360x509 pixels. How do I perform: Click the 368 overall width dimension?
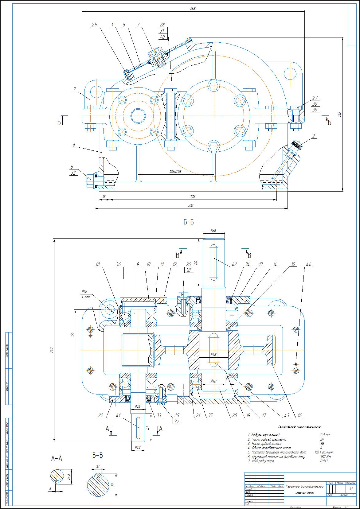point(193,9)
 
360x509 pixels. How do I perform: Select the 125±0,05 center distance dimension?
point(175,172)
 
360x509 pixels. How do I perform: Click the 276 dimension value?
point(193,196)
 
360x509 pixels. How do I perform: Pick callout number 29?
point(94,25)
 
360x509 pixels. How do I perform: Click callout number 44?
point(308,264)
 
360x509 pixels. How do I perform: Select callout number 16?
point(299,416)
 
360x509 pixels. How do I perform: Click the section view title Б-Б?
point(189,222)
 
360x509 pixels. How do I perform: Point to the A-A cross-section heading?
point(57,458)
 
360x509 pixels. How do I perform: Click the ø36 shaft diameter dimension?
point(213,230)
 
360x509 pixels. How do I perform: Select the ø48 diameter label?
point(213,354)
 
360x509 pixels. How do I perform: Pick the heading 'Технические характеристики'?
point(299,426)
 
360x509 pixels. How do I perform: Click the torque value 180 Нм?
point(324,457)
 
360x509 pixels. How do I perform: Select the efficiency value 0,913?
point(323,461)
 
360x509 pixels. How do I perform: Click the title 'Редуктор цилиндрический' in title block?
point(305,486)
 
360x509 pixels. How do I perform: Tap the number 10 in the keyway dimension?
point(98,466)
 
